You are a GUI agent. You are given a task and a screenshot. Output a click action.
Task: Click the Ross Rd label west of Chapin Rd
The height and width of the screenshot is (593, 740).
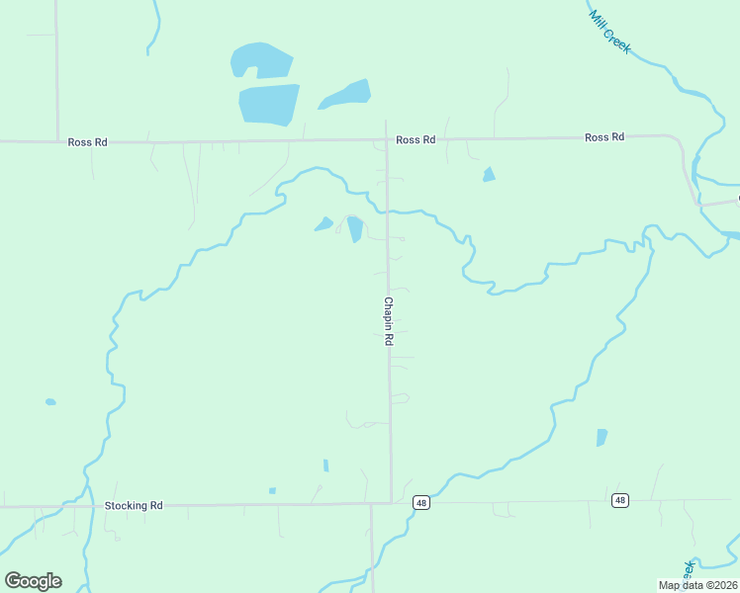click(x=87, y=142)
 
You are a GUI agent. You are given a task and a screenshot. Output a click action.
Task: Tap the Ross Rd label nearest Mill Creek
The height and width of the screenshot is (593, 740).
click(x=604, y=137)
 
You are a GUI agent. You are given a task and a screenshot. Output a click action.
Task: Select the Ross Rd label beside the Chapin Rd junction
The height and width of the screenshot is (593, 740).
click(x=416, y=140)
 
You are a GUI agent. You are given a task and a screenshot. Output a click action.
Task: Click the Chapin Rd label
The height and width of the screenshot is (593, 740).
click(x=389, y=321)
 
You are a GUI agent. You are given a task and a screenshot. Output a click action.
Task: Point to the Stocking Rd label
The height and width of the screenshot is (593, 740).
click(x=134, y=505)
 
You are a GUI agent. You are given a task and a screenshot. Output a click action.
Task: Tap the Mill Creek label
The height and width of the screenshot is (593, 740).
click(x=609, y=32)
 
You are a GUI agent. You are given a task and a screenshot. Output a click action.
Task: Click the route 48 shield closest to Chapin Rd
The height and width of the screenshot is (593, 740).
click(x=421, y=502)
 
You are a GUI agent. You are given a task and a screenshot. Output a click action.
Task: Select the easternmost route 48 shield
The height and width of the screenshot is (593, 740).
click(x=619, y=500)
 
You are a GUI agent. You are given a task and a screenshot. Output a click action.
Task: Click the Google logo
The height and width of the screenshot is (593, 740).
click(x=33, y=581)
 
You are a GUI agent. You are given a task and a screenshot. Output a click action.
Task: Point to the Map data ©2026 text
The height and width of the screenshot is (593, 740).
click(x=697, y=584)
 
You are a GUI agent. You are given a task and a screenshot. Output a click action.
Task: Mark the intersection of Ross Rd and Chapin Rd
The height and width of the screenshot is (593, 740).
click(x=386, y=140)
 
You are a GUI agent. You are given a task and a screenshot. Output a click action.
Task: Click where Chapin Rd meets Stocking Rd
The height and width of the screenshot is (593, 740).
click(x=391, y=503)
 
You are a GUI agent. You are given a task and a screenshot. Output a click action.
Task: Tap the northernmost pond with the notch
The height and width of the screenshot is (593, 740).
click(x=261, y=60)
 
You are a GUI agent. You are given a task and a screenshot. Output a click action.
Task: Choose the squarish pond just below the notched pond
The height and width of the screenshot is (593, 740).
click(x=269, y=104)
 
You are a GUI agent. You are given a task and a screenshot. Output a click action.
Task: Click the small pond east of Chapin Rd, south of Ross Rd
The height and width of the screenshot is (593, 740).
click(x=489, y=175)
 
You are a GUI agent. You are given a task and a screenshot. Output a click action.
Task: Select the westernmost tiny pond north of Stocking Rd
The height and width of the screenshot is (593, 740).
click(x=50, y=402)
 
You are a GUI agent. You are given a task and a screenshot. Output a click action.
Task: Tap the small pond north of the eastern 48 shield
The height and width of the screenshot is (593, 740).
click(x=601, y=437)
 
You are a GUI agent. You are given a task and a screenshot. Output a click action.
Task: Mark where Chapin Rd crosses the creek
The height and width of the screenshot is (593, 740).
click(x=387, y=210)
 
